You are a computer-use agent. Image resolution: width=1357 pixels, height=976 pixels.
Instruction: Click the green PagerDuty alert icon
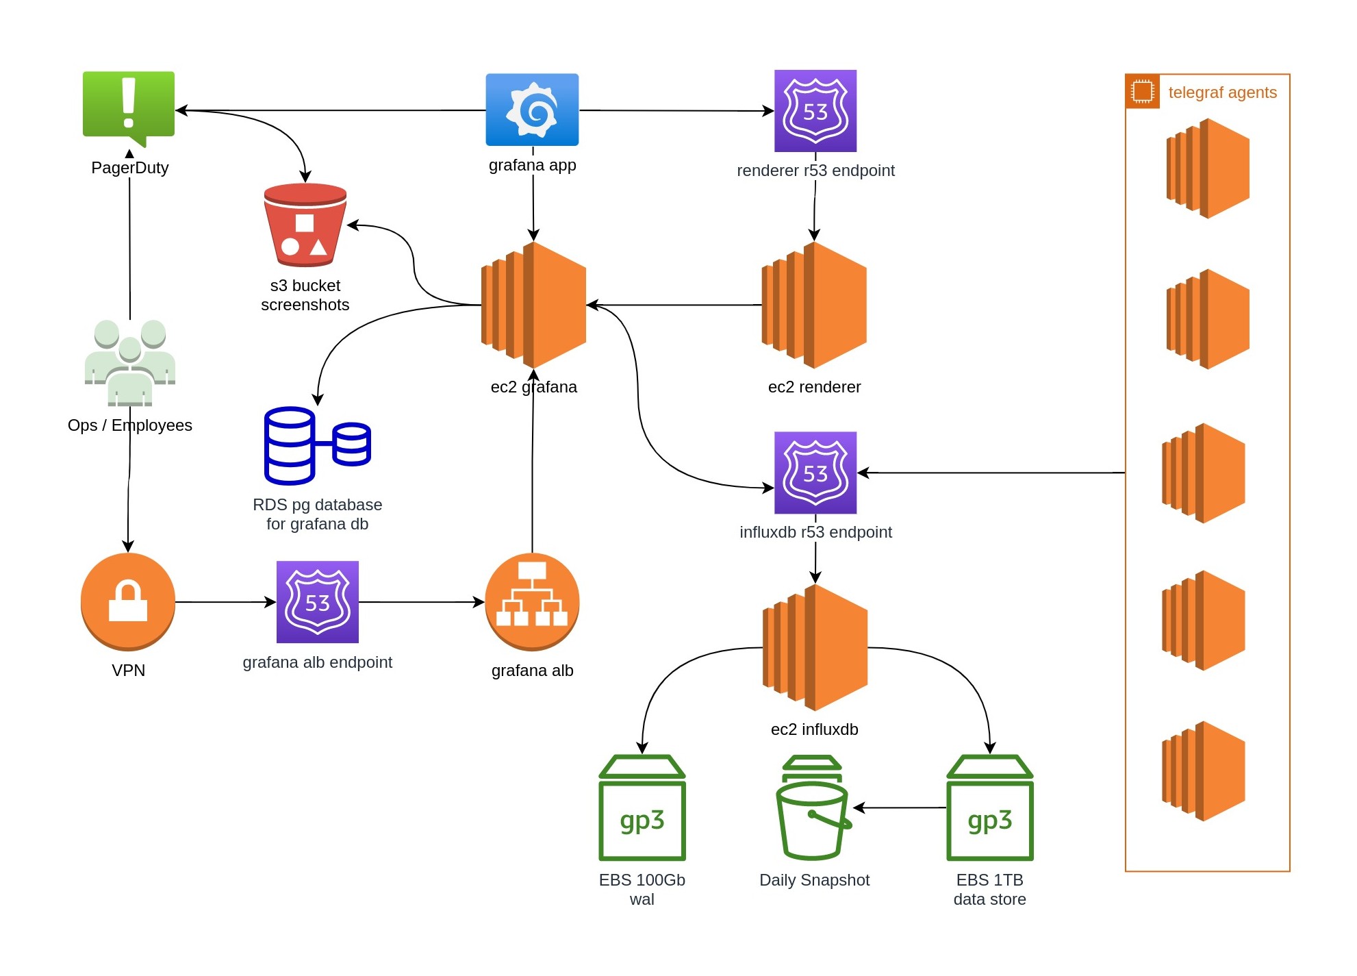click(x=129, y=105)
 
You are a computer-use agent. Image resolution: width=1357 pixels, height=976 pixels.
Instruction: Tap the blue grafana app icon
click(x=532, y=110)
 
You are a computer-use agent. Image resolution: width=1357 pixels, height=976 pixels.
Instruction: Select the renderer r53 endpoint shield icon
click(x=815, y=111)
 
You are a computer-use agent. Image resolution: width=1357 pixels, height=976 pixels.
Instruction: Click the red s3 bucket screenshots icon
click(x=305, y=225)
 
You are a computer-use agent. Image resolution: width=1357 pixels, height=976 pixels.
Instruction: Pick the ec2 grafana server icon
click(x=534, y=305)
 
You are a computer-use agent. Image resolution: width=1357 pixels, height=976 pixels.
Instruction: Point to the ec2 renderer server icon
click(x=814, y=305)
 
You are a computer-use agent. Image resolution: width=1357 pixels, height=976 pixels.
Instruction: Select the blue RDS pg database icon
click(x=316, y=446)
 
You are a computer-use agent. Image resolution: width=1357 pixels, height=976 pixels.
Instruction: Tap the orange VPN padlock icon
click(x=128, y=601)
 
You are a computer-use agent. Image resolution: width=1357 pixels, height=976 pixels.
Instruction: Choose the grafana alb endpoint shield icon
click(x=317, y=602)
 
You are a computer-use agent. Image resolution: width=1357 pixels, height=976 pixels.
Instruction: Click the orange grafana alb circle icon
click(x=532, y=601)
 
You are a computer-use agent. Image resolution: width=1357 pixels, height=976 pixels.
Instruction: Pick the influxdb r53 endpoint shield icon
click(x=815, y=473)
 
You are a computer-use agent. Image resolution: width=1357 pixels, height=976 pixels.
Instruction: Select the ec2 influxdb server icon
click(x=815, y=647)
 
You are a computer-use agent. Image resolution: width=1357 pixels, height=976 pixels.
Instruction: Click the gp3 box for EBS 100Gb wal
click(x=642, y=808)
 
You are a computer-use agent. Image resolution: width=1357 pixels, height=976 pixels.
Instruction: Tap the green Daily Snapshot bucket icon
click(x=813, y=808)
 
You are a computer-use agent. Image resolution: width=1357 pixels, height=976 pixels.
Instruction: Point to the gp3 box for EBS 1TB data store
click(x=989, y=808)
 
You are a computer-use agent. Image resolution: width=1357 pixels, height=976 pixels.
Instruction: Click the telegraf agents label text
click(x=1222, y=92)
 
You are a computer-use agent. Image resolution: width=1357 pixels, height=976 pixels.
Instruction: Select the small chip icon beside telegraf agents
click(x=1142, y=92)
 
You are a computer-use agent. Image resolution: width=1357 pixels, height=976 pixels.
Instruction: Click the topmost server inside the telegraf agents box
click(x=1208, y=168)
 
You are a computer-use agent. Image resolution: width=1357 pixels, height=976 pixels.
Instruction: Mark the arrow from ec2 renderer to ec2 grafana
click(x=674, y=305)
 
